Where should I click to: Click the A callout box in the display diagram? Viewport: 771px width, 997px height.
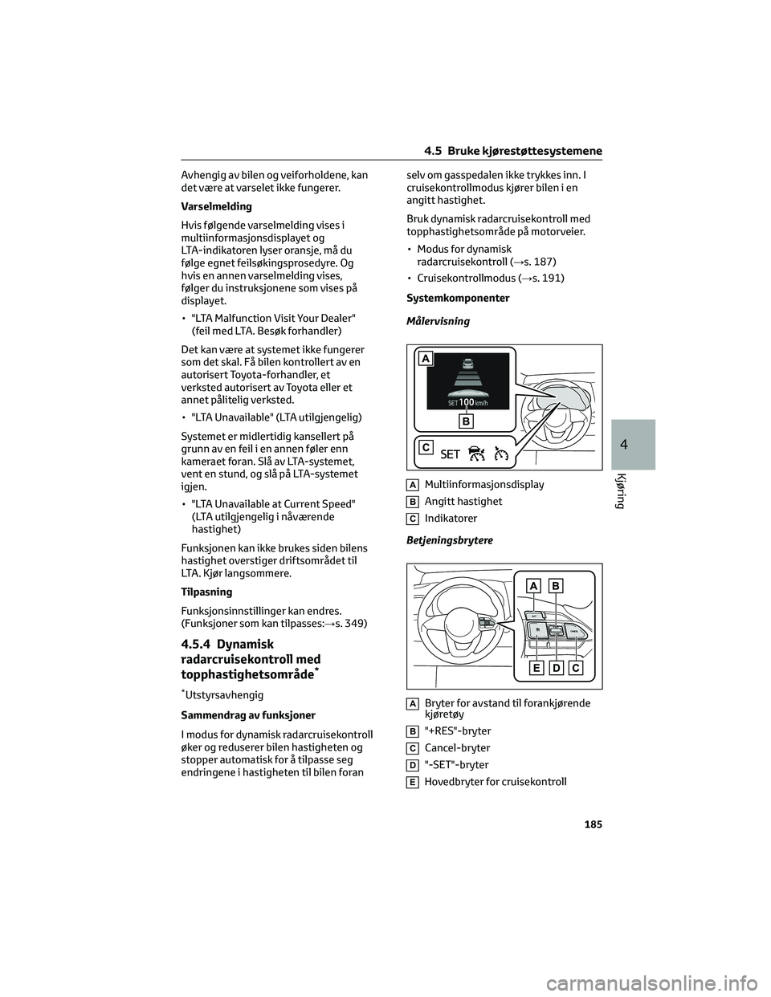point(423,359)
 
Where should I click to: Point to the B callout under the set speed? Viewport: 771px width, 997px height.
point(466,420)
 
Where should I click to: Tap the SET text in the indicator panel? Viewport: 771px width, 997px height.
point(451,454)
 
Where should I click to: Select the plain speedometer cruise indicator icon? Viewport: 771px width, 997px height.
point(503,454)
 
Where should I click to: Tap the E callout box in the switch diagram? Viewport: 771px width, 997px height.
point(536,668)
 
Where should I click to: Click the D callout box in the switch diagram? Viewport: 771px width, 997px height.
point(556,668)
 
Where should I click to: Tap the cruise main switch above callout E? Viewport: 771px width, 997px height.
point(536,633)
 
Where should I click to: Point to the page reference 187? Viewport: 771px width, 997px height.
point(543,262)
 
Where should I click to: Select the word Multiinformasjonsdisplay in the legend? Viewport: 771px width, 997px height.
point(484,484)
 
